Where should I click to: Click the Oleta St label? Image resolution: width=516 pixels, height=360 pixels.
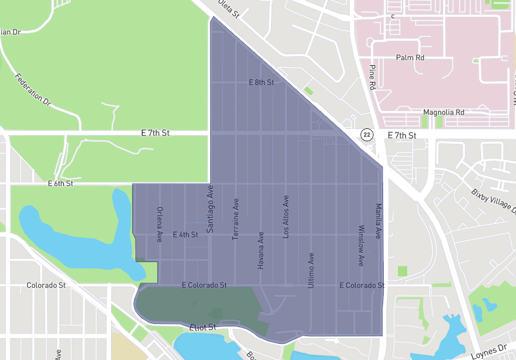click(x=229, y=8)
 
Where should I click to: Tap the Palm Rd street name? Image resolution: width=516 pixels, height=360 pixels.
click(x=410, y=57)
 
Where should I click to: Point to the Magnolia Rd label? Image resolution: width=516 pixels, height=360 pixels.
click(x=443, y=112)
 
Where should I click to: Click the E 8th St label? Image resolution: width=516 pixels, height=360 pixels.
click(x=261, y=83)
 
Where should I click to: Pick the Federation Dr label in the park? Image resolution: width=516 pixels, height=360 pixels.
click(x=33, y=88)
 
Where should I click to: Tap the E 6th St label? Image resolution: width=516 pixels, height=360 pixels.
click(x=61, y=184)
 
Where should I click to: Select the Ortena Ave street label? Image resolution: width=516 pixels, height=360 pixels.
click(x=159, y=225)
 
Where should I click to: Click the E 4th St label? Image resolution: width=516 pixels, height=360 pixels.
click(x=185, y=235)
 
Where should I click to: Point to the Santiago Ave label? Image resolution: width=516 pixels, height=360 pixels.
click(x=210, y=208)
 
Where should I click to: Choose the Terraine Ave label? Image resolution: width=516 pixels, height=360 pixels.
click(x=236, y=219)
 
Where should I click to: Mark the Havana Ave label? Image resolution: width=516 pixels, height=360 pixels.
click(x=261, y=250)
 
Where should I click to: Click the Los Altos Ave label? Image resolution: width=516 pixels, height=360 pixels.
click(x=286, y=217)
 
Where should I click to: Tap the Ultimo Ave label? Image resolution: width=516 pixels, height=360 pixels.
click(x=312, y=270)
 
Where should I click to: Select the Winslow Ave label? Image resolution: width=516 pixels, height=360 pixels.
click(x=361, y=246)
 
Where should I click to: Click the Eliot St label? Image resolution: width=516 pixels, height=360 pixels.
click(x=203, y=328)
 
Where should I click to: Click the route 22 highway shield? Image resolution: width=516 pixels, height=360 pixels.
click(x=367, y=134)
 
